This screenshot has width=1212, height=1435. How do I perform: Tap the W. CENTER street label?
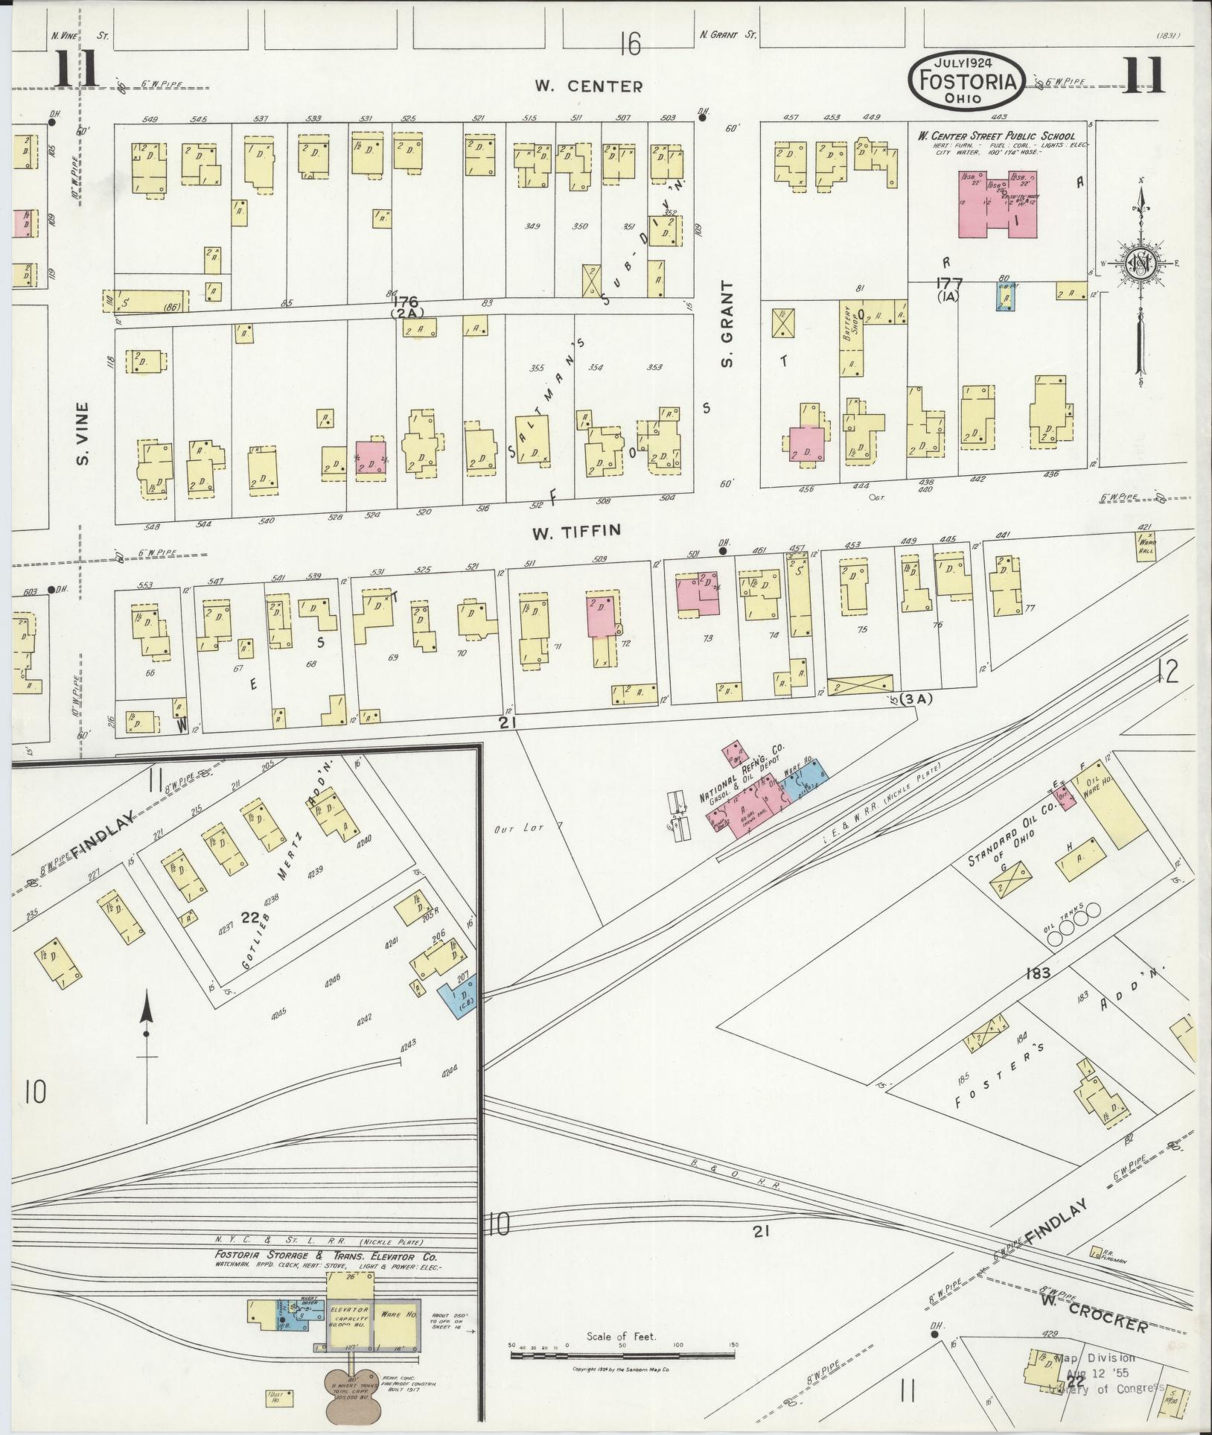[x=588, y=86]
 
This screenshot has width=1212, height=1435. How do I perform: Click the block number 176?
[x=406, y=302]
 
